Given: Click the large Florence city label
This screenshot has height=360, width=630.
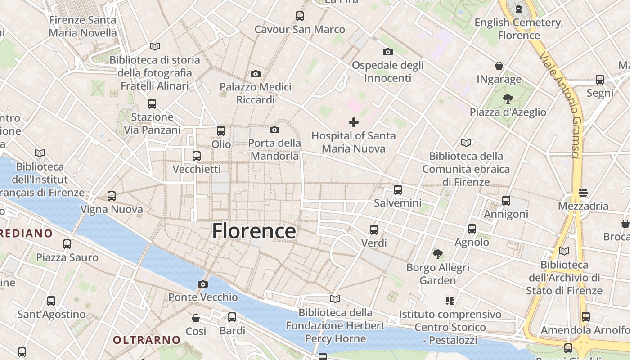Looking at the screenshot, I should (254, 231).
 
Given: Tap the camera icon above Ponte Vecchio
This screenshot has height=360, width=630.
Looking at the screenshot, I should (203, 284).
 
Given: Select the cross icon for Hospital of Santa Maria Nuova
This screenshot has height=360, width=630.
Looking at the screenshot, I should (354, 122).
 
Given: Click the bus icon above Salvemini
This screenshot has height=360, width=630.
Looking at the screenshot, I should (397, 190).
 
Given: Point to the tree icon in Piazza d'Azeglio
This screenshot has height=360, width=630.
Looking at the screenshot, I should (508, 99).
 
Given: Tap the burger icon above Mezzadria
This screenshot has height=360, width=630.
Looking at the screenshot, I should (583, 193).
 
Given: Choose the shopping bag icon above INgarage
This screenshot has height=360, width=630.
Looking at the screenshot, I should (499, 66).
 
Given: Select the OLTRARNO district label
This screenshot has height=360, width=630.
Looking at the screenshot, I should (147, 340).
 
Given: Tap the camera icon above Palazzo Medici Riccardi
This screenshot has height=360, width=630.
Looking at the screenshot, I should (256, 74).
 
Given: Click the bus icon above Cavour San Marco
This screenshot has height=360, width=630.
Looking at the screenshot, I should (300, 16).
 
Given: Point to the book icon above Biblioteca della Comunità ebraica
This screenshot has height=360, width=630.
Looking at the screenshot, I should (466, 143).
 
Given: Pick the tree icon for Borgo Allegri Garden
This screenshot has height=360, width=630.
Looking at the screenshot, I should (437, 254).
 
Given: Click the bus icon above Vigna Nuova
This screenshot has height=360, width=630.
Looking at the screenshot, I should (112, 196).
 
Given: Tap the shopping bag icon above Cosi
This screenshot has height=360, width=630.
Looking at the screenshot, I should (196, 318).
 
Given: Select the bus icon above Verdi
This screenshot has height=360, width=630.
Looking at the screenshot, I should (374, 230).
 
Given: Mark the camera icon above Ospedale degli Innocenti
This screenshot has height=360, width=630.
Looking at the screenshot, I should (387, 52).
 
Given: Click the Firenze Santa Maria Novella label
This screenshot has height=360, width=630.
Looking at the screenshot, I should (83, 26).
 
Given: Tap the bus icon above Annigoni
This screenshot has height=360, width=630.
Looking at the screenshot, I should (506, 201).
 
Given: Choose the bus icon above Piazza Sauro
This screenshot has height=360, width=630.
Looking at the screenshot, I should (67, 244).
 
